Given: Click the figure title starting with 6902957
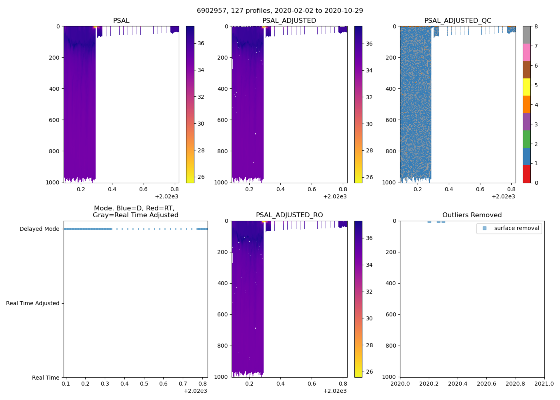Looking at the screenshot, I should click(x=280, y=11).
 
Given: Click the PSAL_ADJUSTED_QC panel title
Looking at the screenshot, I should click(x=458, y=21).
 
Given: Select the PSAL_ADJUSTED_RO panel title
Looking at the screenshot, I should click(x=289, y=215).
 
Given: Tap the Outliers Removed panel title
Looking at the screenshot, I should click(x=472, y=215).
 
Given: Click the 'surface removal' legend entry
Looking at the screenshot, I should click(x=516, y=228).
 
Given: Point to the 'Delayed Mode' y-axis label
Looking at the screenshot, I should click(x=39, y=229).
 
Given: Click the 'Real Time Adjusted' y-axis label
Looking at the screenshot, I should click(x=32, y=304).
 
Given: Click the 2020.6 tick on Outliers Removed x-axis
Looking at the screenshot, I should click(x=486, y=384).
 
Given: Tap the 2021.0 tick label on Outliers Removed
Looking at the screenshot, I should click(x=544, y=384).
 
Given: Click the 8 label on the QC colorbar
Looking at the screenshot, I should click(x=536, y=27).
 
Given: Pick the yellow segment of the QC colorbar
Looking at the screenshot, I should click(x=526, y=87).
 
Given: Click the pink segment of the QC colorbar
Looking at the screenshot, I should click(x=526, y=52).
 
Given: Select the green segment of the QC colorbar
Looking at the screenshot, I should click(x=526, y=139).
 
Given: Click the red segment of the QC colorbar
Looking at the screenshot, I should click(x=526, y=174).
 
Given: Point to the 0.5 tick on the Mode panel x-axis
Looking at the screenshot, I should click(x=144, y=384).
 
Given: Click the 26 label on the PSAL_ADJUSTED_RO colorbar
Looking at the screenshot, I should click(x=369, y=372).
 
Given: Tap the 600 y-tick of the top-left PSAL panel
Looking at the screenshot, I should click(x=55, y=120).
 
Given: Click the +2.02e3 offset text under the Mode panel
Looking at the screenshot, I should click(x=195, y=391).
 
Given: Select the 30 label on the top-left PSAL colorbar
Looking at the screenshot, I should click(x=201, y=124).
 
